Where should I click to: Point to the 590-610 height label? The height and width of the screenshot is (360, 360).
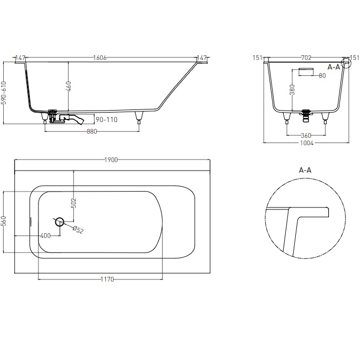tap(4, 93)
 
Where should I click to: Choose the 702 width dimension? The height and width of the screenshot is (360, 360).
tap(306, 58)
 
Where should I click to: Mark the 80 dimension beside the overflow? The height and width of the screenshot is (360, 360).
tap(322, 76)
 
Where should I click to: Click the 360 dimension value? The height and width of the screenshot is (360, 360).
tap(306, 135)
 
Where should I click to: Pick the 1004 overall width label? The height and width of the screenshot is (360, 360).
tap(306, 143)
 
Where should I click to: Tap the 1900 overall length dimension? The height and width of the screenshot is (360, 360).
tap(111, 160)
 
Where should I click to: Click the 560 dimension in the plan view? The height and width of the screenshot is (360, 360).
tap(4, 222)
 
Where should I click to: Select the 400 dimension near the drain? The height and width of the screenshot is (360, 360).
tap(45, 235)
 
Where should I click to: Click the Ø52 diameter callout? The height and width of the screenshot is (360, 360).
tap(78, 229)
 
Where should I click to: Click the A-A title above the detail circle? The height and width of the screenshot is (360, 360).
tap(306, 170)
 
